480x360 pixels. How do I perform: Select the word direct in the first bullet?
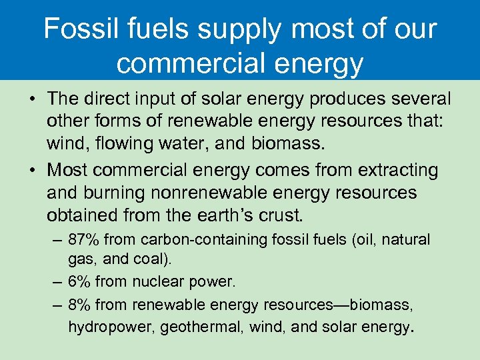coord(109,99)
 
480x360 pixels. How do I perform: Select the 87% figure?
coord(83,239)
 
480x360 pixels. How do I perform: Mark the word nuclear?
coord(159,282)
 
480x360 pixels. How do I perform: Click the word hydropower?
coord(103,327)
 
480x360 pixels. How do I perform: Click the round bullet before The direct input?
coord(32,99)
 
